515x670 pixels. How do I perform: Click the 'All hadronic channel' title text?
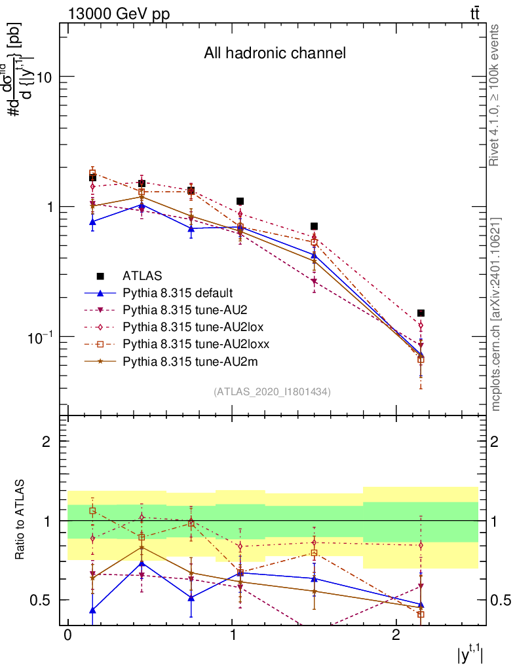click(275, 53)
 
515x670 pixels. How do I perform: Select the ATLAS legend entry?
click(142, 275)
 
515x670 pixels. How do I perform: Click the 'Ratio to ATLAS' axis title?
click(21, 520)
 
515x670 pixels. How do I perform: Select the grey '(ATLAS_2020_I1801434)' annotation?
click(272, 392)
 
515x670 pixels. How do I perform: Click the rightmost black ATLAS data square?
click(421, 313)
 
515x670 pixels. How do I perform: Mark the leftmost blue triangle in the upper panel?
click(93, 222)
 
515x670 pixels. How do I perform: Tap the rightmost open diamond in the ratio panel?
click(421, 545)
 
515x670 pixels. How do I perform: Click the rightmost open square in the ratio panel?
click(421, 614)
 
